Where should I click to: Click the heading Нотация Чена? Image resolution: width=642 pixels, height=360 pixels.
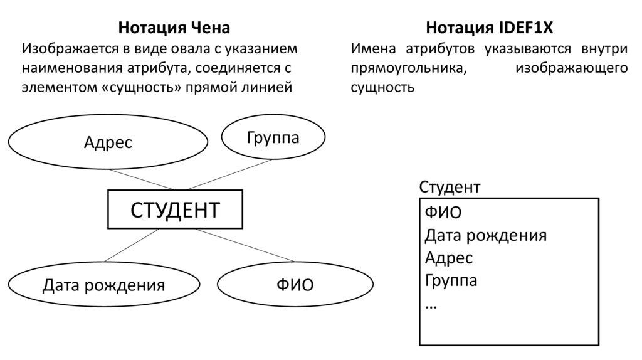point(174,28)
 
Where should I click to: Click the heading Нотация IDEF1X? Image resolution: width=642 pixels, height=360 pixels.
point(490,28)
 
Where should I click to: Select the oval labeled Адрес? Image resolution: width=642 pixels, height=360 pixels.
point(108,143)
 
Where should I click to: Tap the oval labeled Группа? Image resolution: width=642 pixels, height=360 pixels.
point(273,137)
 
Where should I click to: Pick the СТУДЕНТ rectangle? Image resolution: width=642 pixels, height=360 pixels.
point(175,209)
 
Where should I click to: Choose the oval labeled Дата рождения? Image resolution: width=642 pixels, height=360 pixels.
point(103,286)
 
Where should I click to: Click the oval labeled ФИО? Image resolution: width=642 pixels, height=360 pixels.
point(295,286)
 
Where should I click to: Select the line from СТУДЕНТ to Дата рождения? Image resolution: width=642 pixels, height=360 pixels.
point(132,245)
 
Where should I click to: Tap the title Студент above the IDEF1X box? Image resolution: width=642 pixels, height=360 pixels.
point(450,187)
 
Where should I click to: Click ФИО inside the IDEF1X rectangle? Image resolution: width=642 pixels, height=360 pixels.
point(443,213)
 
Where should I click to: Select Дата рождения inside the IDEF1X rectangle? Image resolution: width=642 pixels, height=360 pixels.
point(485,236)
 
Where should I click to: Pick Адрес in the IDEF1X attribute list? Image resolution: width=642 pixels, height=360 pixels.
point(448,258)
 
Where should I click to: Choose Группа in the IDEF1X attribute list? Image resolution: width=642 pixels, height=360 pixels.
point(451,280)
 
